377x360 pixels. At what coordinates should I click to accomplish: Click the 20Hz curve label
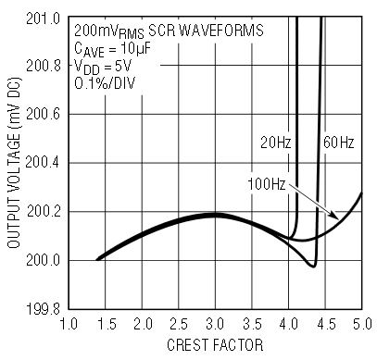(276, 143)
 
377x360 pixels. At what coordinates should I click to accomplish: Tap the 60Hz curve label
(339, 143)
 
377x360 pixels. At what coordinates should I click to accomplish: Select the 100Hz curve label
(267, 184)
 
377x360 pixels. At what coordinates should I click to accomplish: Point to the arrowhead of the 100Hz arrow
(336, 217)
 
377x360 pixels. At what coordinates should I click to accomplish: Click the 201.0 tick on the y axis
(43, 19)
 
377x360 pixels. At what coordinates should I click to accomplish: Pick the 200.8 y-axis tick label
(44, 66)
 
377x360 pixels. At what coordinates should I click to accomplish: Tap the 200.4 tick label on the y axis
(43, 163)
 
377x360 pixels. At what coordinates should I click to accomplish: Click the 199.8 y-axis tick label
(44, 309)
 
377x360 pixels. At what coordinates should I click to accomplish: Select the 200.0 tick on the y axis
(44, 260)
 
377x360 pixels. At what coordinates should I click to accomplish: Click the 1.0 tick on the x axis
(69, 325)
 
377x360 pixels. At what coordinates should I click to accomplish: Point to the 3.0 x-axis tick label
(215, 325)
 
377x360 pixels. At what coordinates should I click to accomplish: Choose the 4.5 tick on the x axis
(325, 325)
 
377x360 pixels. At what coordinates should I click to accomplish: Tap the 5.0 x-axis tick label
(362, 325)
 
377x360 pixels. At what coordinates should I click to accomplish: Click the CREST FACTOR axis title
(215, 345)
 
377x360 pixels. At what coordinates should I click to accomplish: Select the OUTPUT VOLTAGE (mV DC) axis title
(14, 163)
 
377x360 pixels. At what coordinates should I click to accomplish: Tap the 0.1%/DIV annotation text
(105, 82)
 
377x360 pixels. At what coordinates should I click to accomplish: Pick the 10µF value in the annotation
(134, 48)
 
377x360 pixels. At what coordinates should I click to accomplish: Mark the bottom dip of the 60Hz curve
(313, 266)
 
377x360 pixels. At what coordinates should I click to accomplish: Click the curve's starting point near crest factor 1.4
(97, 259)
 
